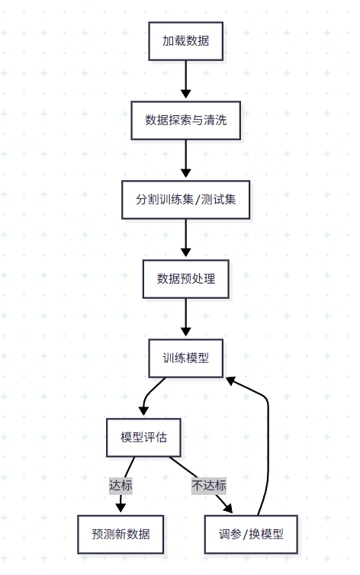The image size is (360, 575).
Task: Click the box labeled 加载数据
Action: [185, 41]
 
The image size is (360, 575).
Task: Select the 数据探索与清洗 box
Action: [185, 120]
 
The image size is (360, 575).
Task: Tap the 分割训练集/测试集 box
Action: [185, 199]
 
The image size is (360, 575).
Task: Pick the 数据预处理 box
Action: [185, 278]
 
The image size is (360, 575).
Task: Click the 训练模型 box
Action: [185, 358]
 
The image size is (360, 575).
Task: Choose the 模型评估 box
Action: [143, 437]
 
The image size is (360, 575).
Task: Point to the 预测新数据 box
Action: [121, 534]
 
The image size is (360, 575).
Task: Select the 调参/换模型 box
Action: [249, 534]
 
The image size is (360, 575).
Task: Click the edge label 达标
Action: [121, 485]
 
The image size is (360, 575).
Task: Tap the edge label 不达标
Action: [208, 485]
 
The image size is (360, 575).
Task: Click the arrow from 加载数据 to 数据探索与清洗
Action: [185, 80]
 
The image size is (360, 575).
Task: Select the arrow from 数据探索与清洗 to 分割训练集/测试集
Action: [185, 159]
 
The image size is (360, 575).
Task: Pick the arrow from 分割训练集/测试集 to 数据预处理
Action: [185, 239]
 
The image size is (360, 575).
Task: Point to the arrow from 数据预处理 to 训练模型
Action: [185, 318]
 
